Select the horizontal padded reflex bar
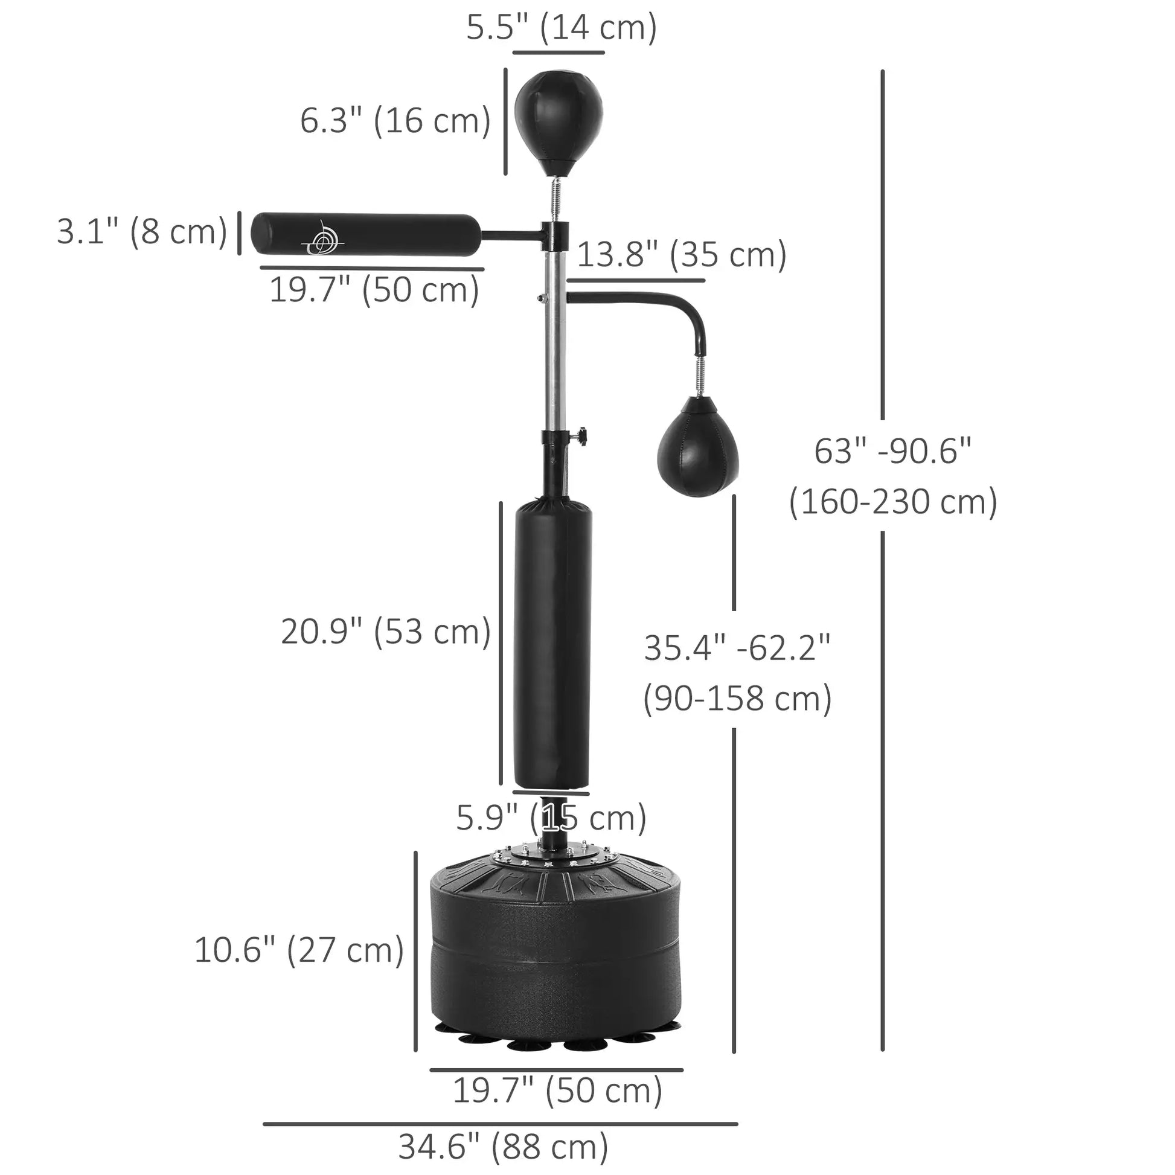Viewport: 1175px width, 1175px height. pyautogui.click(x=365, y=234)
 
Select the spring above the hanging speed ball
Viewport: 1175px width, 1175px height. pyautogui.click(x=700, y=375)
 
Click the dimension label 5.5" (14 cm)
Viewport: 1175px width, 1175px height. pyautogui.click(x=562, y=27)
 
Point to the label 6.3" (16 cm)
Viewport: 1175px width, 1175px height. pyautogui.click(x=395, y=120)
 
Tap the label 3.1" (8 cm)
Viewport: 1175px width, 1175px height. pyautogui.click(x=142, y=232)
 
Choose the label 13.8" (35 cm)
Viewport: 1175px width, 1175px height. pyautogui.click(x=681, y=254)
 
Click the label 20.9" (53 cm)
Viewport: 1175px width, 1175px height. pyautogui.click(x=386, y=632)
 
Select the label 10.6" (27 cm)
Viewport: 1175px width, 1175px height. pyautogui.click(x=299, y=950)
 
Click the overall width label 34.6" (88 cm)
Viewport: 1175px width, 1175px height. pyautogui.click(x=503, y=1147)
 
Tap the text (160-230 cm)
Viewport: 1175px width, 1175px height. pyautogui.click(x=892, y=502)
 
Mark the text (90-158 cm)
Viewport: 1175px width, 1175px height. pyautogui.click(x=737, y=699)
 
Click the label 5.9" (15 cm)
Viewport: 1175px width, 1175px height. pyautogui.click(x=551, y=818)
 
